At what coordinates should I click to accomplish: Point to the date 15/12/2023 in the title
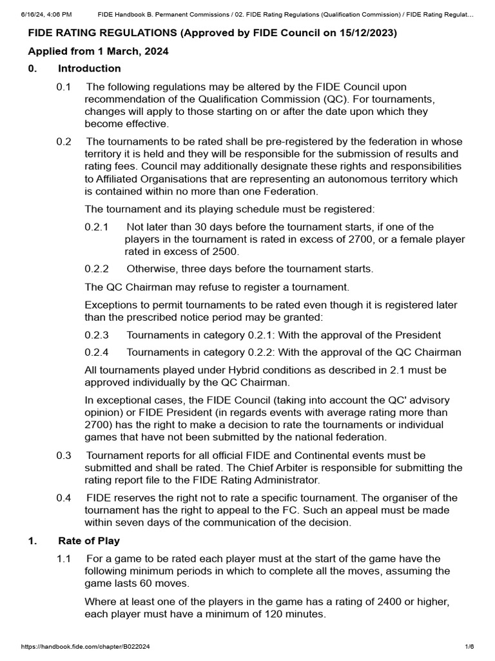tap(367, 33)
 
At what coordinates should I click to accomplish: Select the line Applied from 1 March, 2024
tap(98, 52)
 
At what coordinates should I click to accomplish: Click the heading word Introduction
tap(89, 68)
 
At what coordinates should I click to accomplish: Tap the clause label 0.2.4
tap(97, 352)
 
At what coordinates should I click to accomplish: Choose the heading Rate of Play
tap(88, 541)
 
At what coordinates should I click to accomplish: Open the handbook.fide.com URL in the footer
tap(86, 647)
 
